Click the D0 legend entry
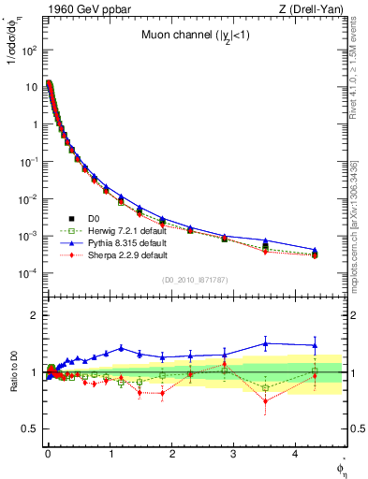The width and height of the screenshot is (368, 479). [x=96, y=218]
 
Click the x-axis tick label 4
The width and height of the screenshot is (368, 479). [x=297, y=459]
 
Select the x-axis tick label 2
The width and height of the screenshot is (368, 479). [x=172, y=459]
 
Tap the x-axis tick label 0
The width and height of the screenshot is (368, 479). [x=48, y=459]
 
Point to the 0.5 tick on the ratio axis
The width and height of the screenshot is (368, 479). [x=30, y=428]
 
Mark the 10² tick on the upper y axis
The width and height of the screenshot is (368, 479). [x=28, y=49]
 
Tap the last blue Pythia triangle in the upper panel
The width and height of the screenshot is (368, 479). [x=315, y=250]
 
